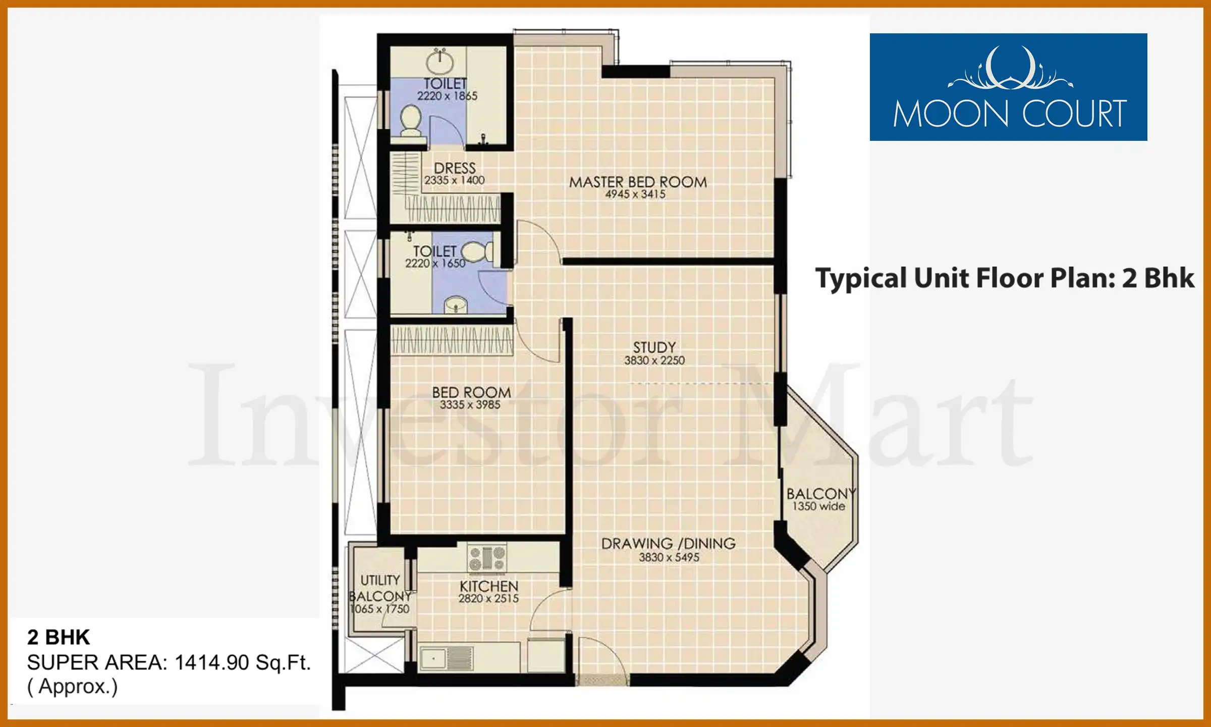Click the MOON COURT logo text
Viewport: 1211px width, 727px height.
(x=1010, y=114)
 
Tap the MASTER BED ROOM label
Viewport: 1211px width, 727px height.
(x=638, y=182)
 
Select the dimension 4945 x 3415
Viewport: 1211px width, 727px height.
(x=635, y=194)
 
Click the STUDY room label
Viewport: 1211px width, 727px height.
(x=654, y=347)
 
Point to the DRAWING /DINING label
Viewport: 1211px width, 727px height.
(x=669, y=544)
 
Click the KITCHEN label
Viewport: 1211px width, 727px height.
(x=489, y=586)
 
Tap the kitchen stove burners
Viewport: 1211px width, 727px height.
(x=487, y=558)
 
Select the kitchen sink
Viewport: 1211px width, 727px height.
(x=446, y=658)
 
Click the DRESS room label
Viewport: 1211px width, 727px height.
(x=455, y=168)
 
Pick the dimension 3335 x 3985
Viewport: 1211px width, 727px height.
(x=470, y=405)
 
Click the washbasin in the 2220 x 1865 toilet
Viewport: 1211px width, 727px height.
(x=440, y=62)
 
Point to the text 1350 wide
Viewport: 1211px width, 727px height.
(x=818, y=506)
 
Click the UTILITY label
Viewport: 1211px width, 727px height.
(x=380, y=580)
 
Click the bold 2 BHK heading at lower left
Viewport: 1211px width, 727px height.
(x=59, y=638)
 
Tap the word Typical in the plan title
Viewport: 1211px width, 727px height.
(x=861, y=279)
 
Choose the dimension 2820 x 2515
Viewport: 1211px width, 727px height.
(x=488, y=599)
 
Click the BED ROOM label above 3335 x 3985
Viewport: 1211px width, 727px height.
(x=471, y=392)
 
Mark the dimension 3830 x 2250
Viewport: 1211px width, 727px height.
(x=654, y=360)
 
